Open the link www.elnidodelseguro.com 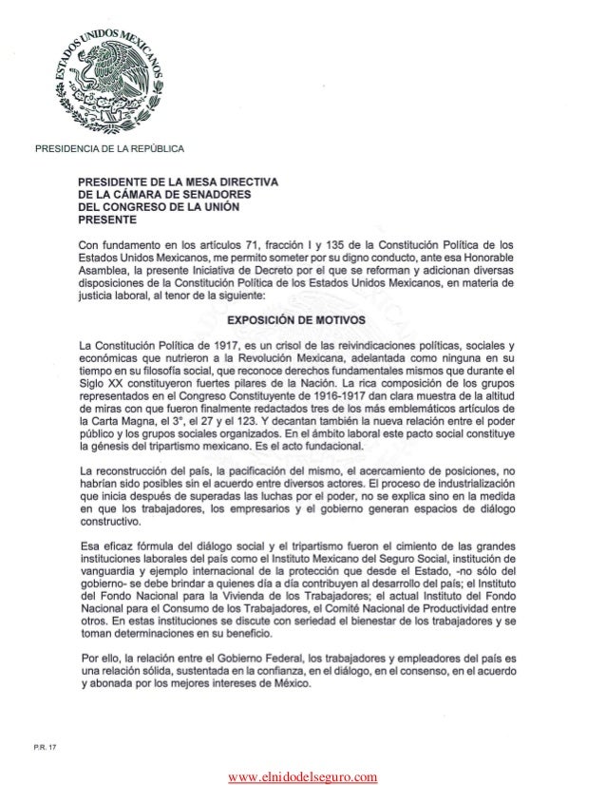coord(302,775)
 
